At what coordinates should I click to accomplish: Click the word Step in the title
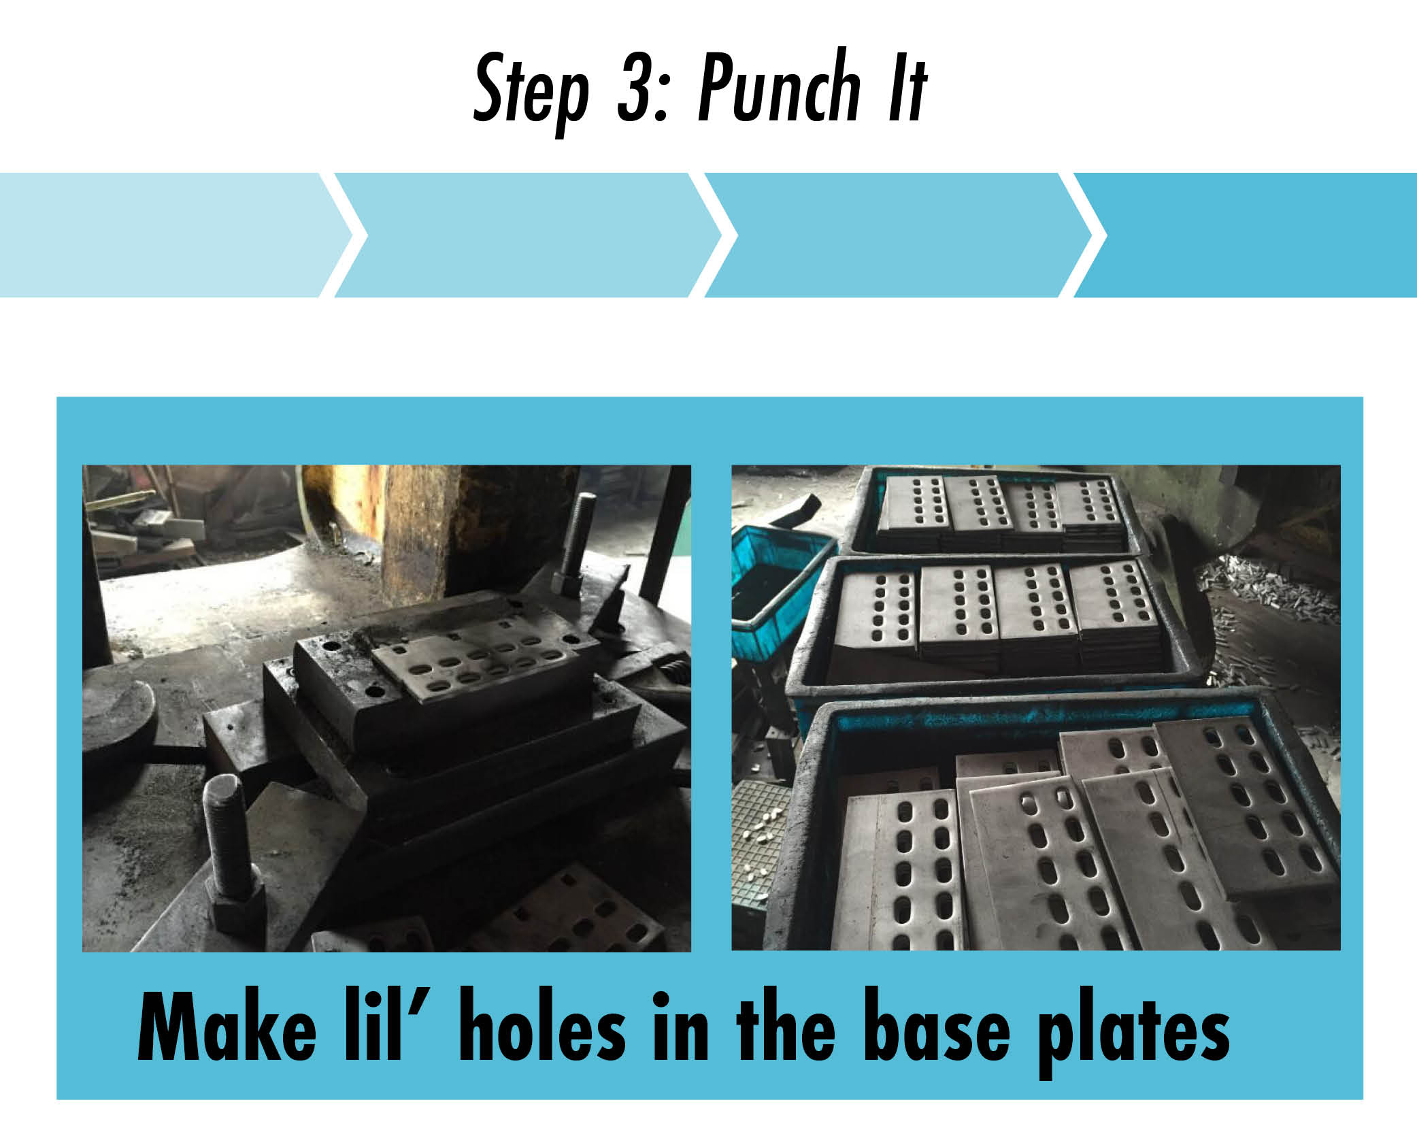point(531,92)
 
